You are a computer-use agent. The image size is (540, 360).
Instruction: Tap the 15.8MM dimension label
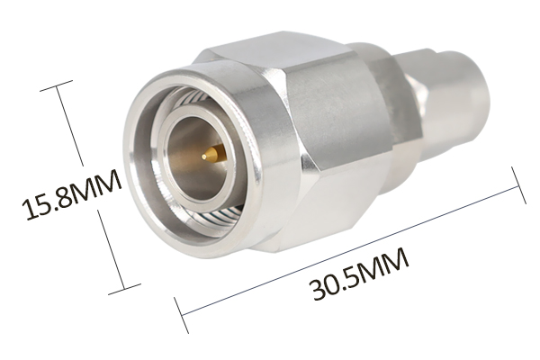[71, 195]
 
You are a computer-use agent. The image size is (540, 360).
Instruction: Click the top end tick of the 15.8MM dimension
[57, 85]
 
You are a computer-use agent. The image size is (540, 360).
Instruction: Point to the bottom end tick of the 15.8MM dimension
[125, 290]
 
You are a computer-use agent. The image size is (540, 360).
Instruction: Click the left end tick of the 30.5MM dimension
[182, 315]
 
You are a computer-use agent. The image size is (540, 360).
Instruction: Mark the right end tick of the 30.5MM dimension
[518, 185]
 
